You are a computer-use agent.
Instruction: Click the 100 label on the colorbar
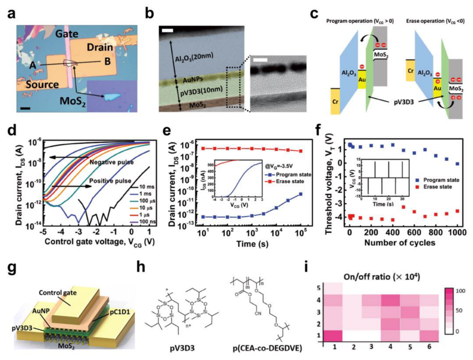click(462, 290)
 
